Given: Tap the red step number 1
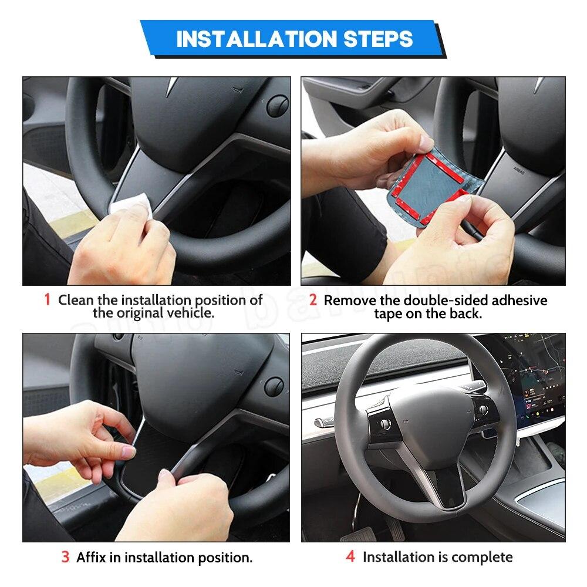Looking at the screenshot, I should click(x=47, y=300).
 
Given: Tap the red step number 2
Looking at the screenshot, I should click(x=313, y=300).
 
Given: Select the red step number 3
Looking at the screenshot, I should click(x=65, y=557).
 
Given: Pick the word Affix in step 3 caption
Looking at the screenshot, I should click(x=92, y=557).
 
